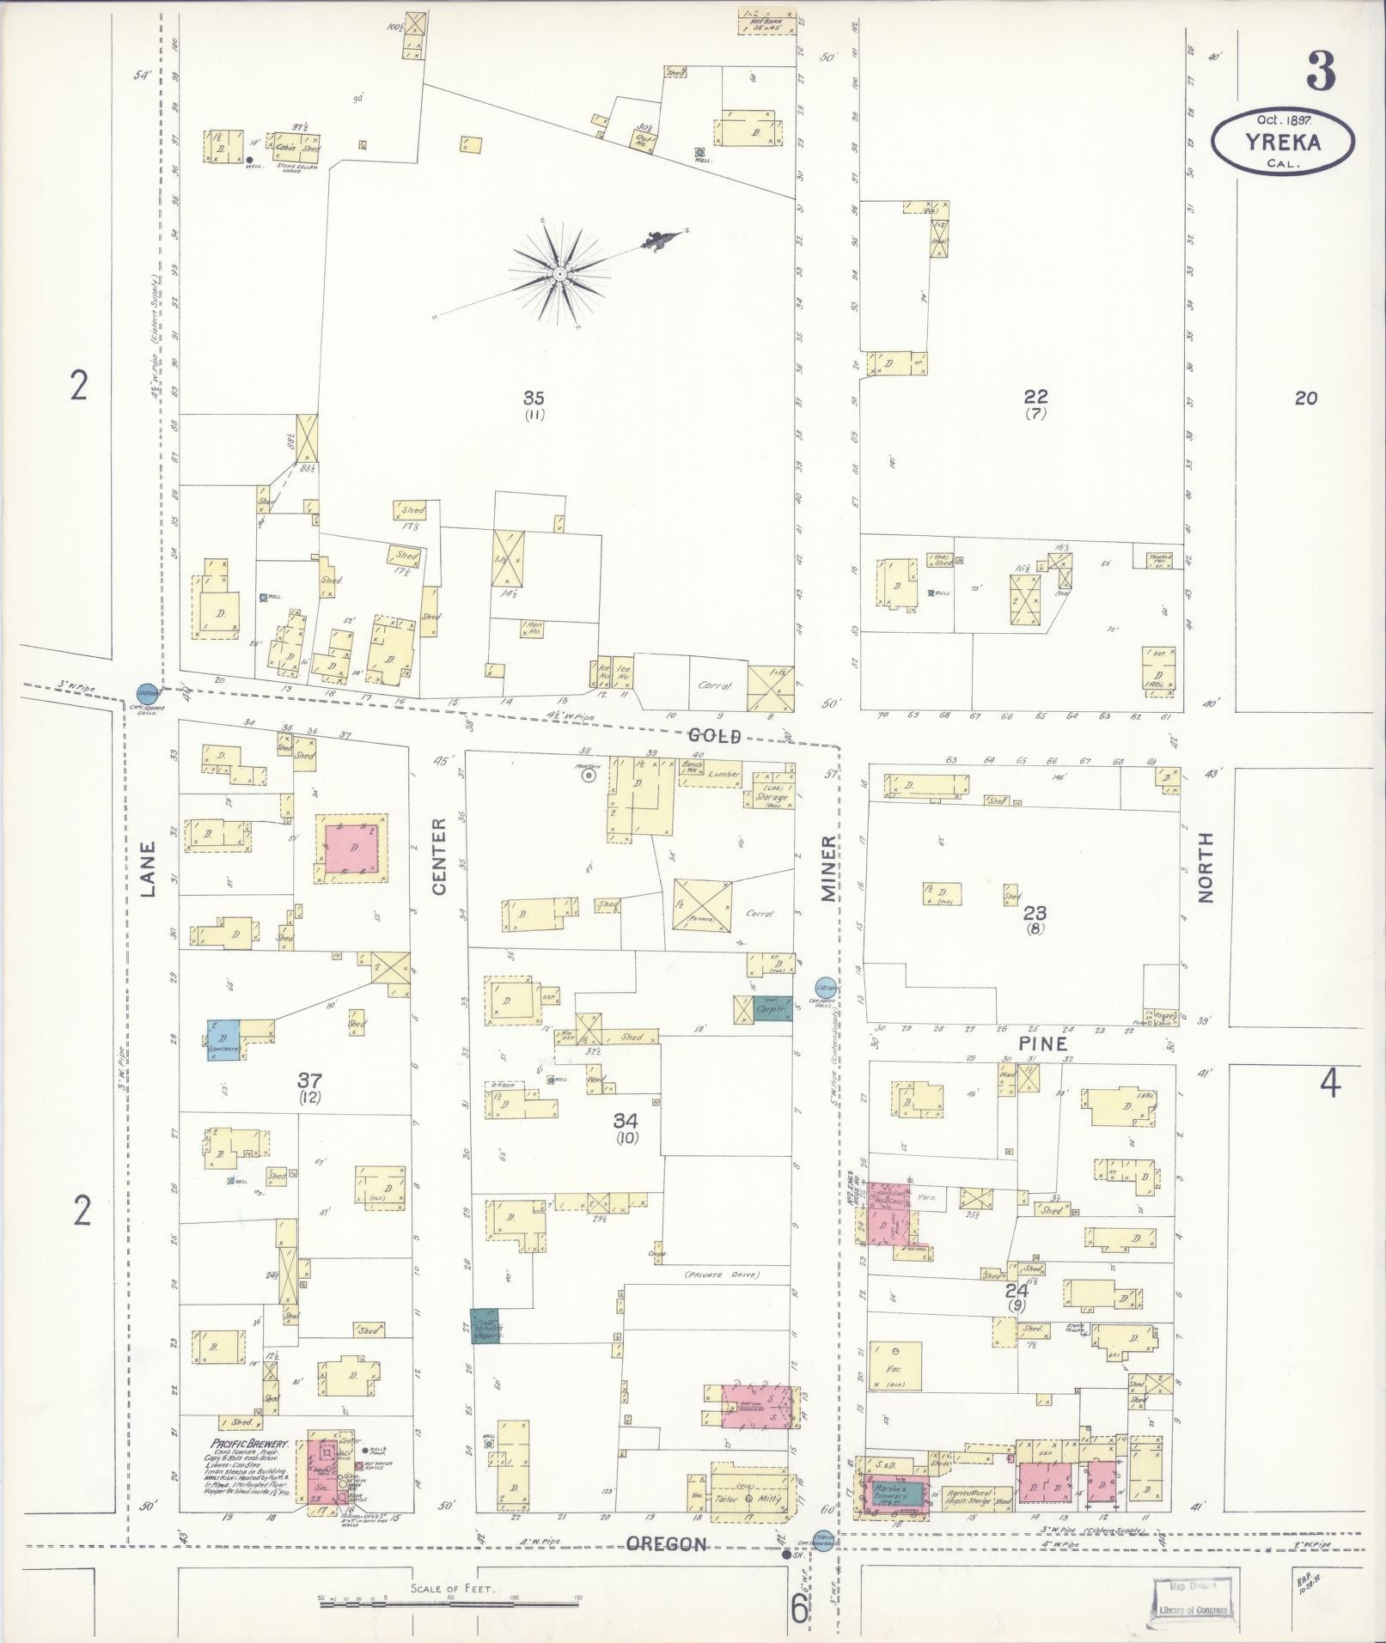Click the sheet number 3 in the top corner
[x=1321, y=71]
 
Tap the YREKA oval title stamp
[x=1283, y=141]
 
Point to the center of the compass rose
[x=559, y=273]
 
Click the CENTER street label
[x=439, y=856]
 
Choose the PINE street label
[x=1044, y=1044]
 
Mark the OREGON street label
[x=666, y=1544]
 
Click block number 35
[x=534, y=397]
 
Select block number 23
[x=1035, y=913]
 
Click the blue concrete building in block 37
[x=223, y=1039]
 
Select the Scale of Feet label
[x=451, y=1589]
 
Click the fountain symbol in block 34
[x=589, y=776]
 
